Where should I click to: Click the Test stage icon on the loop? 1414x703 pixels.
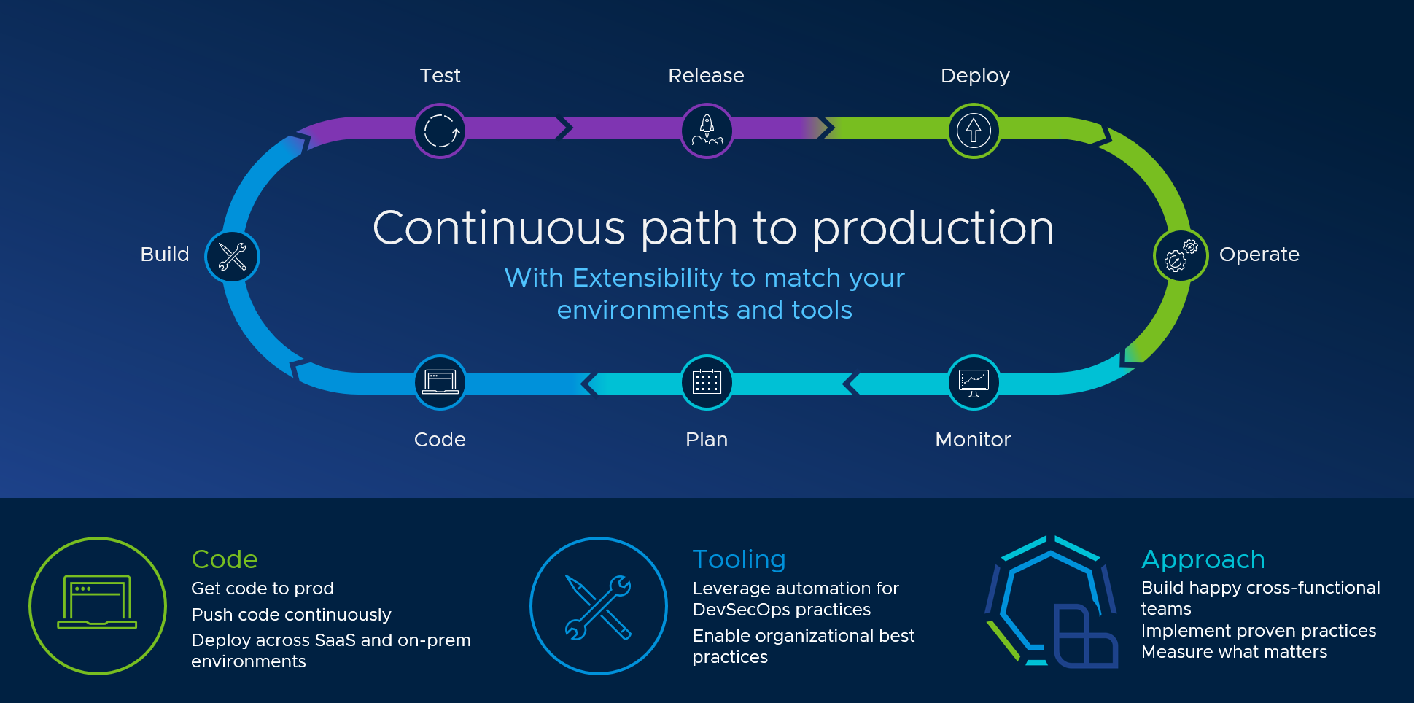tap(440, 131)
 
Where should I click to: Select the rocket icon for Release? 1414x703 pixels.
tap(707, 131)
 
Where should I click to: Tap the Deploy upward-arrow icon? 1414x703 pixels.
tap(974, 131)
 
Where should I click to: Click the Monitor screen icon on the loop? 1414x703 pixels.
tap(974, 382)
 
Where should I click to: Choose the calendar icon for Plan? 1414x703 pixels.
tap(707, 382)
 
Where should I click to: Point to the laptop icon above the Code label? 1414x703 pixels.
tap(440, 382)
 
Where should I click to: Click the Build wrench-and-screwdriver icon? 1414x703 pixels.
tap(233, 257)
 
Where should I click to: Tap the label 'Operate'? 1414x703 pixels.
tap(1259, 255)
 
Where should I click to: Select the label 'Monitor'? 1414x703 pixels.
tap(973, 440)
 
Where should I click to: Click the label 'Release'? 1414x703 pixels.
tap(706, 76)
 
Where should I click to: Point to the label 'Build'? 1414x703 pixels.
tap(165, 255)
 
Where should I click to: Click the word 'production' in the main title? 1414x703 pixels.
tap(933, 229)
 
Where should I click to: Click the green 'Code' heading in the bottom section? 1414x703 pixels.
tap(225, 559)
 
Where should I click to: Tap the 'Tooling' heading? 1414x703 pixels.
tap(739, 559)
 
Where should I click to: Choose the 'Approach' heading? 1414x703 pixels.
tap(1203, 559)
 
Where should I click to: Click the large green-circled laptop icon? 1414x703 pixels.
tap(98, 605)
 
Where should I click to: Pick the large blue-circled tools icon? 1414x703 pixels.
tap(599, 606)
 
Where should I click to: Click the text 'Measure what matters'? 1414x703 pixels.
tap(1234, 652)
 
